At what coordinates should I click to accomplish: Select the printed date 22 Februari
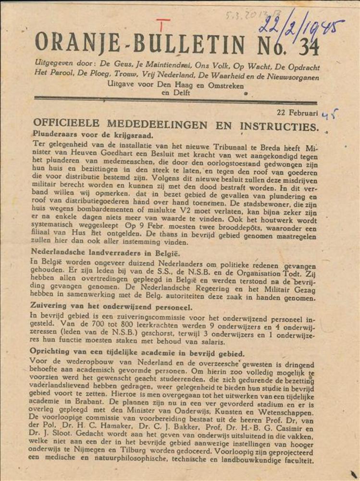click(x=297, y=113)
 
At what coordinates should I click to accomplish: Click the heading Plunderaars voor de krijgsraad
click(x=93, y=135)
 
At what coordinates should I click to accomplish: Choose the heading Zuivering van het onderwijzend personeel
click(x=111, y=307)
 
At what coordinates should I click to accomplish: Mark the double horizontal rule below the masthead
click(x=175, y=101)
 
